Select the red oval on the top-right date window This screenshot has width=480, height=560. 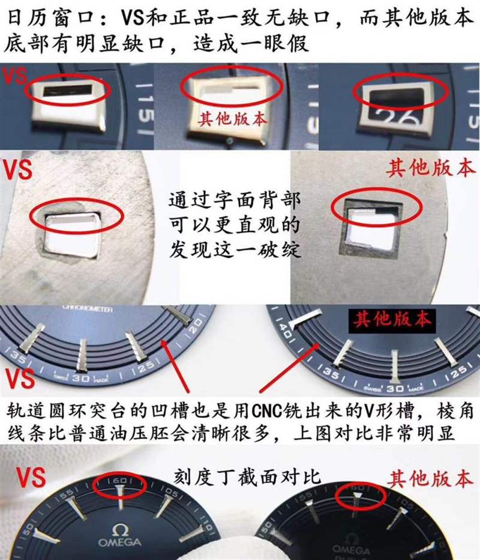click(x=400, y=93)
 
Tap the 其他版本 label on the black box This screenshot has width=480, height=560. click(x=392, y=320)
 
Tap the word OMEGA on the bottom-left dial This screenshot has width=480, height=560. click(x=120, y=543)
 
